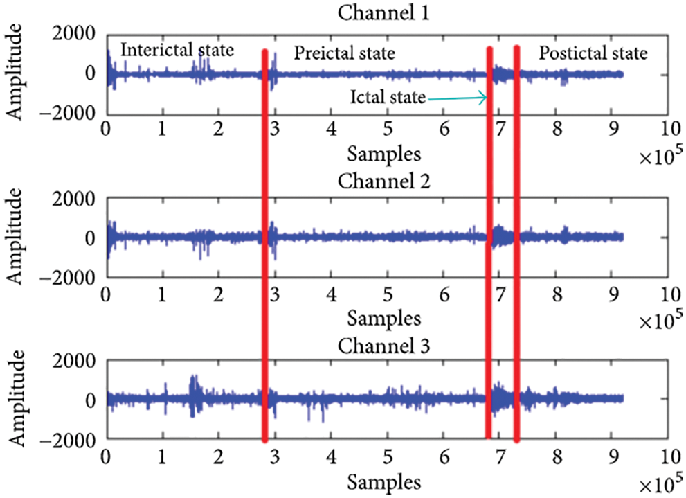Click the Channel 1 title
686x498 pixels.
(x=385, y=11)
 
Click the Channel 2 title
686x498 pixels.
(x=385, y=182)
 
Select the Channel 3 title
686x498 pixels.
(x=385, y=344)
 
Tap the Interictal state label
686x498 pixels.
(x=178, y=50)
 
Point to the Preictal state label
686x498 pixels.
(x=345, y=53)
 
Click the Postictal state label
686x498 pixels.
(x=593, y=53)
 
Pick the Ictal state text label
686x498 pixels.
(x=388, y=98)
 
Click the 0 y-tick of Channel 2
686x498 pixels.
(x=91, y=238)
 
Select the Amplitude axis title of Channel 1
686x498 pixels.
(x=17, y=75)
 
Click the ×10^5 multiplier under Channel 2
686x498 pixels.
(x=659, y=321)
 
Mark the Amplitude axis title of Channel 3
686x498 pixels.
(x=17, y=400)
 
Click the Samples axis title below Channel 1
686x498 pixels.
(x=384, y=152)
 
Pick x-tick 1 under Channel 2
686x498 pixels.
(x=162, y=292)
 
